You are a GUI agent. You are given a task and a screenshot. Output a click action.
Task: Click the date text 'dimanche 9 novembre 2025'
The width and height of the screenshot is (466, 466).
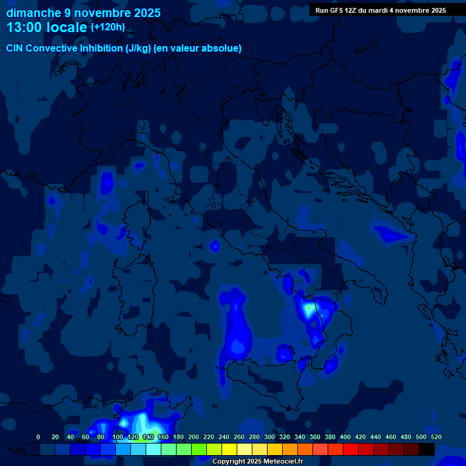point(83,13)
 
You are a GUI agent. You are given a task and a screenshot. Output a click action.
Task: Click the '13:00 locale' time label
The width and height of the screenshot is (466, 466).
point(47,27)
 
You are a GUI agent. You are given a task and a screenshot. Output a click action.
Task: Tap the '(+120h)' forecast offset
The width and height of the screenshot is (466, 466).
point(108,27)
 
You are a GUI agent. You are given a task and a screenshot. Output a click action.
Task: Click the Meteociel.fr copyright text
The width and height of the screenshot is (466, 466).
point(257,461)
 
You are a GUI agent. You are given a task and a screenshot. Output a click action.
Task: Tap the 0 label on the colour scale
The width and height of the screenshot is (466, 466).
point(38,437)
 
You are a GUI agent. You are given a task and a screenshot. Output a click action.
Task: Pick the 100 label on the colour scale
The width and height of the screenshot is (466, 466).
point(118,437)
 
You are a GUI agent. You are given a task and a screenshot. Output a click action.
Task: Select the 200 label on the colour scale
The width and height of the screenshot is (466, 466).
point(194,437)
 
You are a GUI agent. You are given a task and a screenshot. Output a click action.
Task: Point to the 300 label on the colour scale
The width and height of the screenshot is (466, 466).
point(269,437)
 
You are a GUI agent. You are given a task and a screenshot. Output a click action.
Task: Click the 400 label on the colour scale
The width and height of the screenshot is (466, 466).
point(345,437)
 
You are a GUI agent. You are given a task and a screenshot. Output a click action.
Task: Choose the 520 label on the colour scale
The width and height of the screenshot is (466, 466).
point(436,437)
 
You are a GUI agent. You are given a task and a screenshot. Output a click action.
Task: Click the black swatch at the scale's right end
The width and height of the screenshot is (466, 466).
point(427,449)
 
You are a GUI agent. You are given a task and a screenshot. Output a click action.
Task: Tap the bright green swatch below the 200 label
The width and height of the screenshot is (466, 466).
point(199,449)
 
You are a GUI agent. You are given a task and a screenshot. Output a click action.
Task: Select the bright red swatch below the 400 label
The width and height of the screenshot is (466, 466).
point(351,449)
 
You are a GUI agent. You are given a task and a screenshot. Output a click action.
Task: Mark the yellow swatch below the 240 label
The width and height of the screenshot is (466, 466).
point(229,449)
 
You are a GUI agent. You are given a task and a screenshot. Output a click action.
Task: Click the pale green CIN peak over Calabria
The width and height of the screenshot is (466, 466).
point(309,309)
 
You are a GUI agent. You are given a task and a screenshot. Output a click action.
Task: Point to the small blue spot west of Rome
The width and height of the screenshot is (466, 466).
point(214,246)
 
